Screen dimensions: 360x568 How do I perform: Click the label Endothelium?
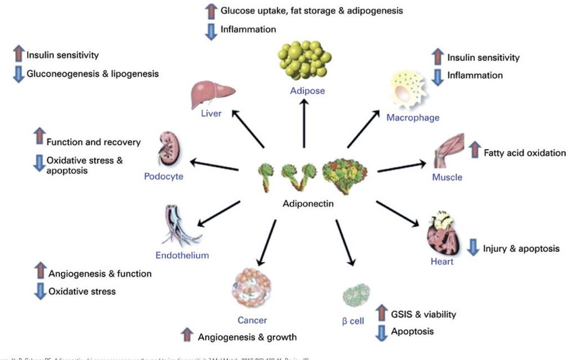[x=182, y=255]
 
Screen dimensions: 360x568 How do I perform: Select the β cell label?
[x=353, y=321]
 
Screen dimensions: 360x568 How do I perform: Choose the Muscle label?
[x=447, y=178]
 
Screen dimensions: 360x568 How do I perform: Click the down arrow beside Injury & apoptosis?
[x=472, y=248]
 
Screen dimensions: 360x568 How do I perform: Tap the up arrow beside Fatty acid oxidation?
[x=474, y=150]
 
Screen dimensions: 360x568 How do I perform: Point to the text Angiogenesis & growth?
[x=247, y=337]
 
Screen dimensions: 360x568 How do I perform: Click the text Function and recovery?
[x=93, y=142]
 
